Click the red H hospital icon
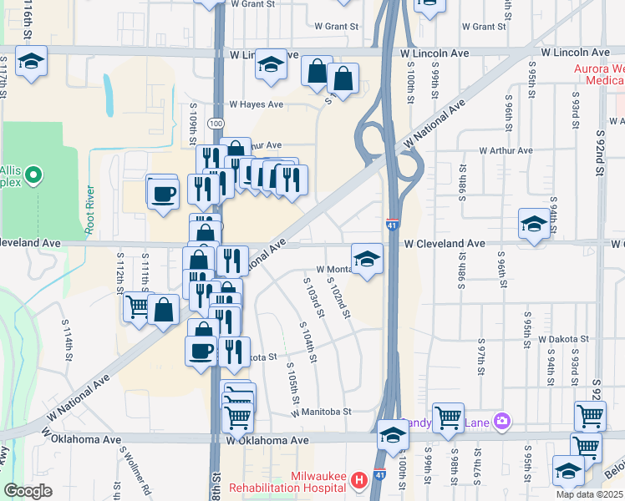click(359, 480)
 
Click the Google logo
click(28, 491)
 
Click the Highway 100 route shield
click(216, 124)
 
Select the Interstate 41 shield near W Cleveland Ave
click(392, 225)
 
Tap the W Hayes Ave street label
click(257, 105)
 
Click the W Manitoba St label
click(322, 412)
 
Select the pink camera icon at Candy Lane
click(501, 420)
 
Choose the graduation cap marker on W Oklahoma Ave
click(392, 434)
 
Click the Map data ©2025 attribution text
click(589, 494)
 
